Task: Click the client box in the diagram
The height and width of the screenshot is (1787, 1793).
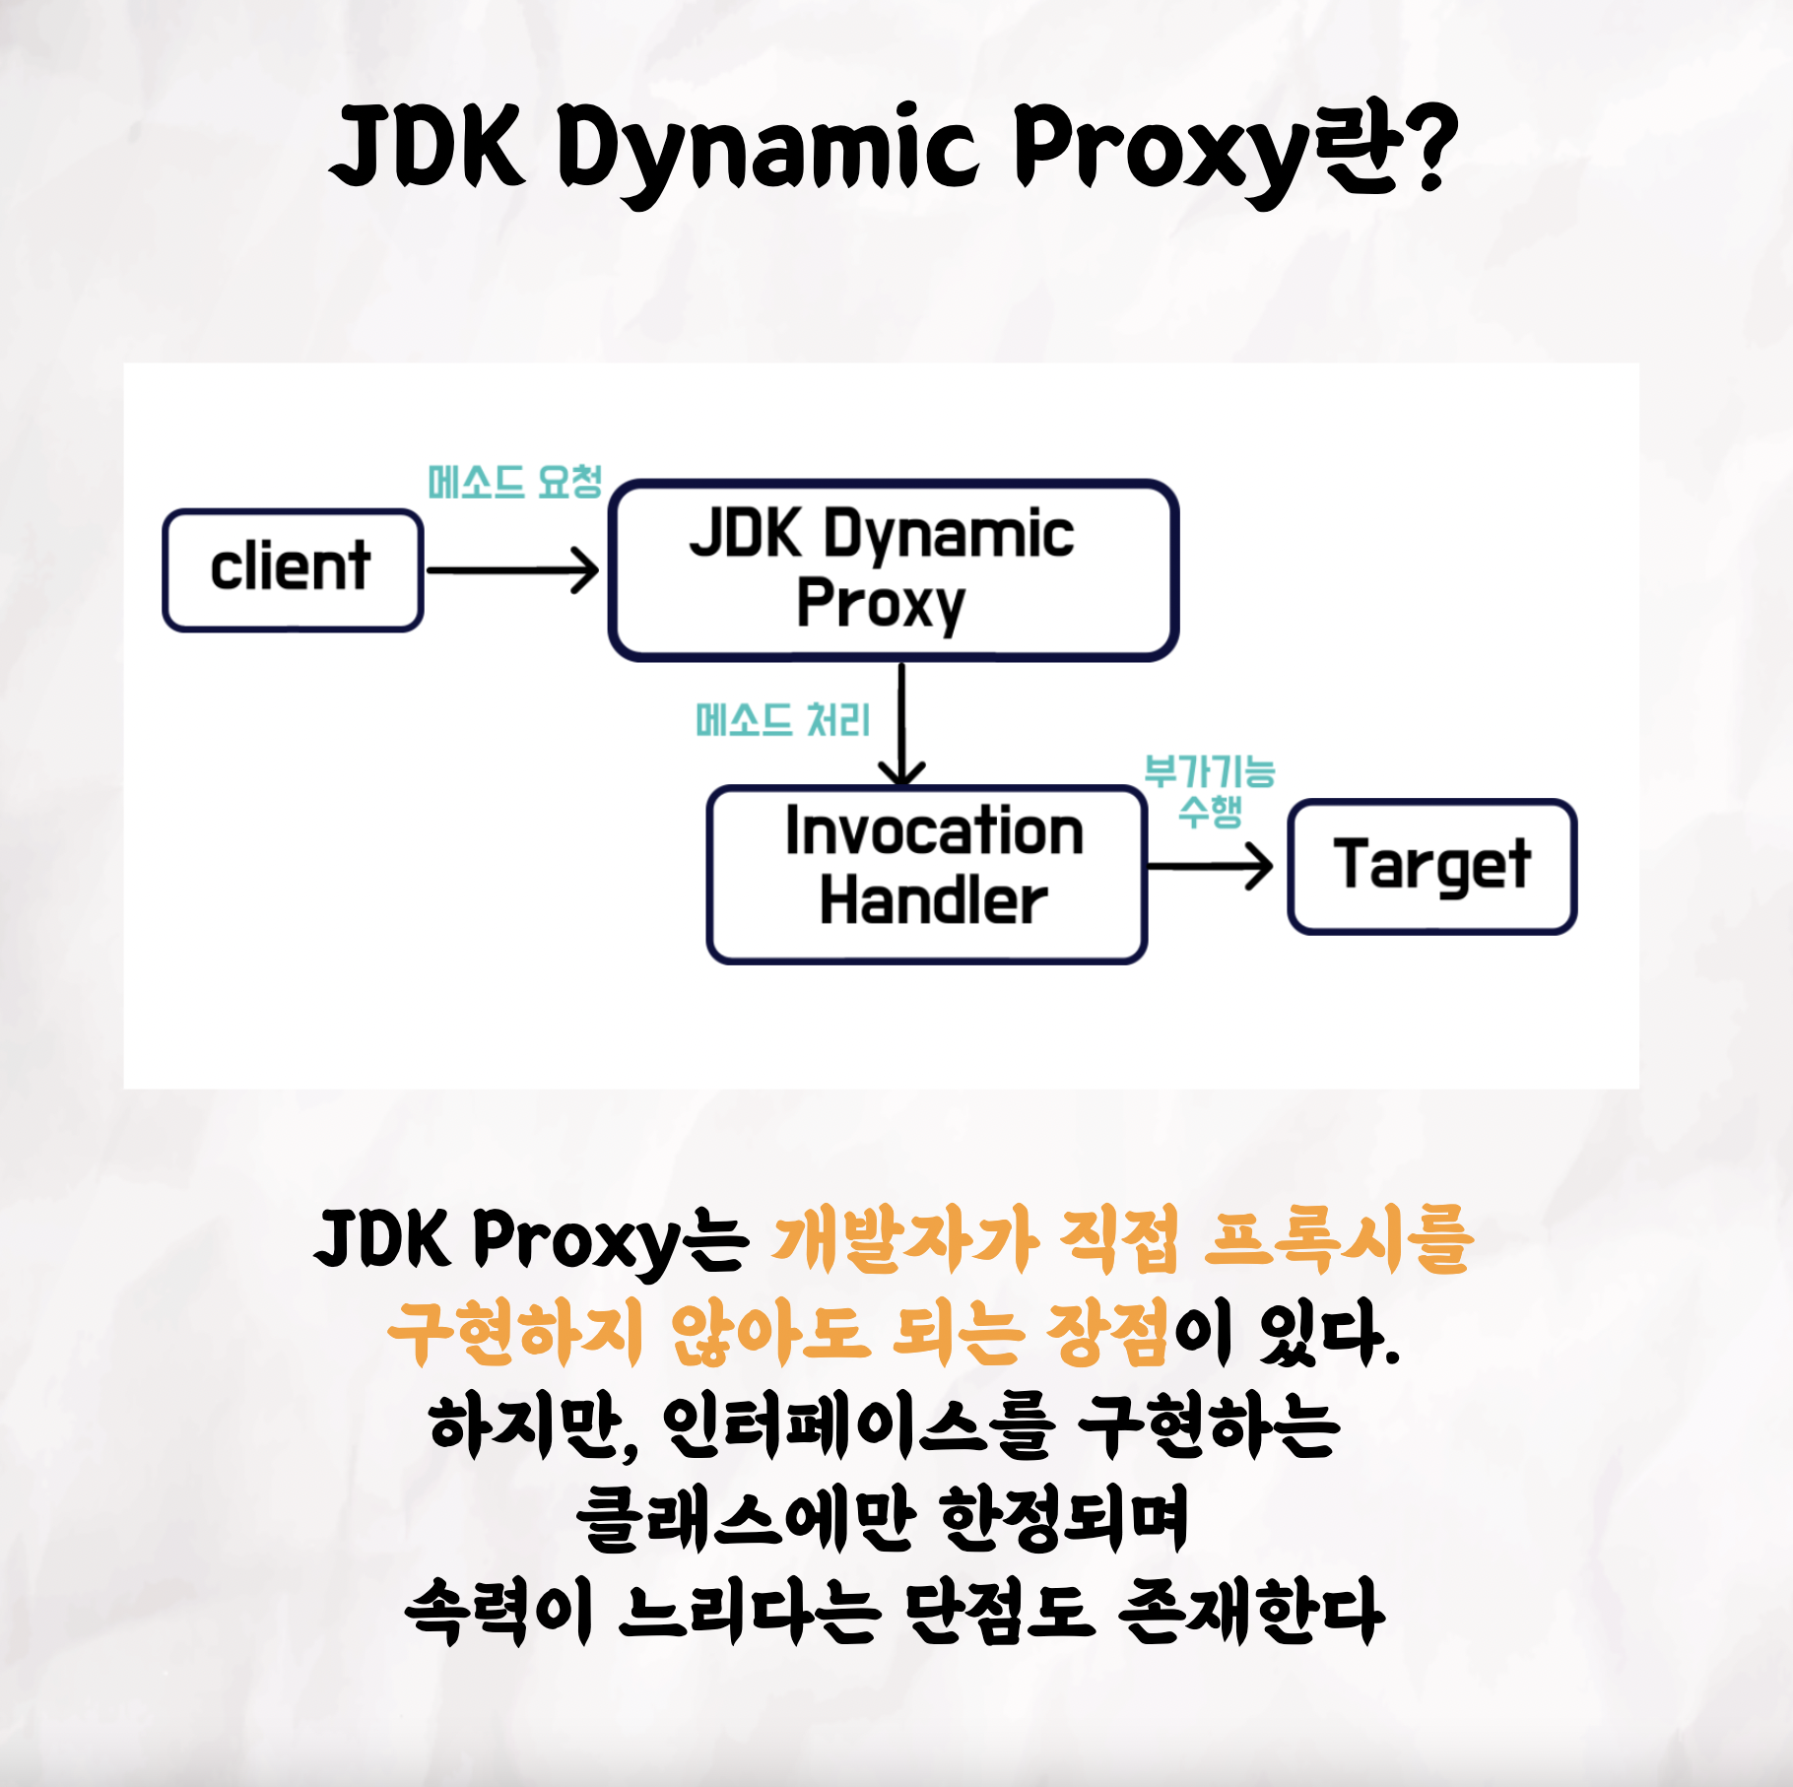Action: coord(293,569)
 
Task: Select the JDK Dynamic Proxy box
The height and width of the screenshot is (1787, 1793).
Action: coord(893,569)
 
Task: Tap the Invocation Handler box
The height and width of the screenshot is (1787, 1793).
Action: coord(926,873)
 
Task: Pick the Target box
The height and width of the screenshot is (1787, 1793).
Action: coord(1431,866)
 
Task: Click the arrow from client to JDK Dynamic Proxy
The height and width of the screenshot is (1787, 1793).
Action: coord(512,570)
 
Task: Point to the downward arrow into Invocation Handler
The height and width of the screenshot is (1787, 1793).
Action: coord(901,724)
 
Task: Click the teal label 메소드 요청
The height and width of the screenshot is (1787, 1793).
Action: coord(514,483)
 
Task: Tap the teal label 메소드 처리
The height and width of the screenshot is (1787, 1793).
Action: coord(782,720)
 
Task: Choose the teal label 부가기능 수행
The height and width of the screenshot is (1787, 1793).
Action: coord(1210,791)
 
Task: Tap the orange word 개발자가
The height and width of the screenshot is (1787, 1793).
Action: coord(904,1239)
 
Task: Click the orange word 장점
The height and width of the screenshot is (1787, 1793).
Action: coord(1107,1332)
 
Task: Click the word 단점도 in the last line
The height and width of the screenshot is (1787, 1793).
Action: coord(1000,1612)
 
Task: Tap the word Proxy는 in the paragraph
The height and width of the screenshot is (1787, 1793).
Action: coord(611,1239)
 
